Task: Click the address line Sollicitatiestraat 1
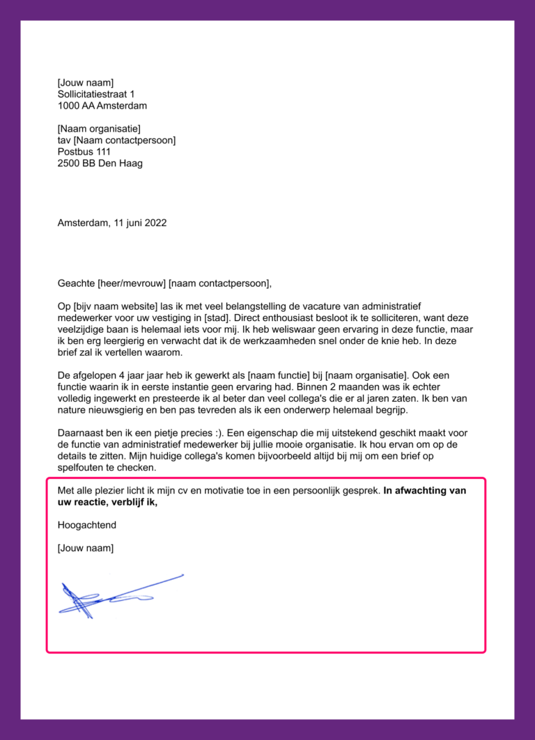point(96,94)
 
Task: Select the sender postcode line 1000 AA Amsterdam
point(102,106)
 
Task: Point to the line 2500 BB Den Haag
point(100,164)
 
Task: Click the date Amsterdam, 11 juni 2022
point(111,223)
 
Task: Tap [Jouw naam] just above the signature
point(85,549)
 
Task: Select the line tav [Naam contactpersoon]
point(116,141)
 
